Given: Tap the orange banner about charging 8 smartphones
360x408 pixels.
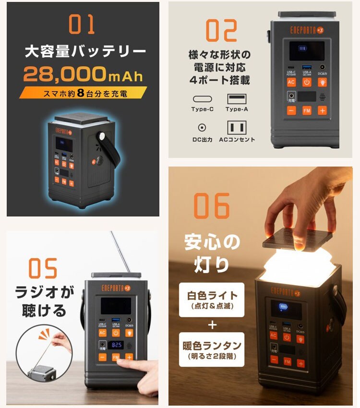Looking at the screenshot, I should [x=83, y=93].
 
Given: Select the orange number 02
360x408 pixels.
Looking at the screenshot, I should [x=221, y=30].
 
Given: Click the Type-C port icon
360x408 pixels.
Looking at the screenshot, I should [x=202, y=99].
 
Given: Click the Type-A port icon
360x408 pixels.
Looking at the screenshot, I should [x=236, y=99].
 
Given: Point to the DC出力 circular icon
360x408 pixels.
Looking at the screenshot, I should [x=202, y=128].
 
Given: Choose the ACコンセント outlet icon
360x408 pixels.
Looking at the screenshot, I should [x=236, y=128].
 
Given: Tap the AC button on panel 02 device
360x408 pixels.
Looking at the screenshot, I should [x=291, y=82].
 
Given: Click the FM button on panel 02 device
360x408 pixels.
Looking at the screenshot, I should [x=307, y=110].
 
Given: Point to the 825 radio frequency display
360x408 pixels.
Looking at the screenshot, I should [x=116, y=345].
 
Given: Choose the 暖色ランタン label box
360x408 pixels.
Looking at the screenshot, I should [x=212, y=350].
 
